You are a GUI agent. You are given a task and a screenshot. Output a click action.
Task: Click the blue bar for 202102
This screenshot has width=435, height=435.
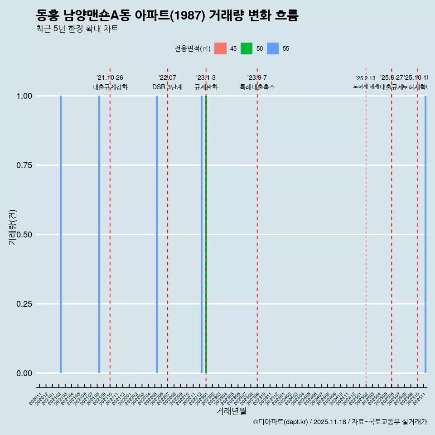point(61,234)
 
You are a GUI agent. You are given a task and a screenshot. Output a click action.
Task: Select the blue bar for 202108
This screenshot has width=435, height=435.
point(99,234)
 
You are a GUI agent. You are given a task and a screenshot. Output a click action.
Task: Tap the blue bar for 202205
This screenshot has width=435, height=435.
point(157,234)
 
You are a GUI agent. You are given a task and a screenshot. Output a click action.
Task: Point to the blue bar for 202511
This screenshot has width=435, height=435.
point(425,234)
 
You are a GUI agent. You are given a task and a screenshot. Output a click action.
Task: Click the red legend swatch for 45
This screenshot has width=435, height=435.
point(220,48)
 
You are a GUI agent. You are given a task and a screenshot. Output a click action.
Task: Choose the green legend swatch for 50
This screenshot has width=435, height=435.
point(246,48)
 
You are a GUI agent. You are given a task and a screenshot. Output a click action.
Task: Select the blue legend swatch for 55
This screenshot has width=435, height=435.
point(273,48)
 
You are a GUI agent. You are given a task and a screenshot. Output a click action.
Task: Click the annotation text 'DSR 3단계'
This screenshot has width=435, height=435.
point(167,87)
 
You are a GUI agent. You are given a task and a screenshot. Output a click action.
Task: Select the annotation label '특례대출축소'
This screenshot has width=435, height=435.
point(257,87)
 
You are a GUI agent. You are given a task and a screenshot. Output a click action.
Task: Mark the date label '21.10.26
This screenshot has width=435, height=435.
point(110,78)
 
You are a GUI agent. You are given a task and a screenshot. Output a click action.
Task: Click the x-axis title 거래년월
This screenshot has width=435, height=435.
point(232,411)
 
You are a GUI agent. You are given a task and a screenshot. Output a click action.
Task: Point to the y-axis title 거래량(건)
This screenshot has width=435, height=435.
point(13,227)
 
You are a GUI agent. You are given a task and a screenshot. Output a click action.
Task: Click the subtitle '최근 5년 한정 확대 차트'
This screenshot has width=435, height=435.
point(77,29)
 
